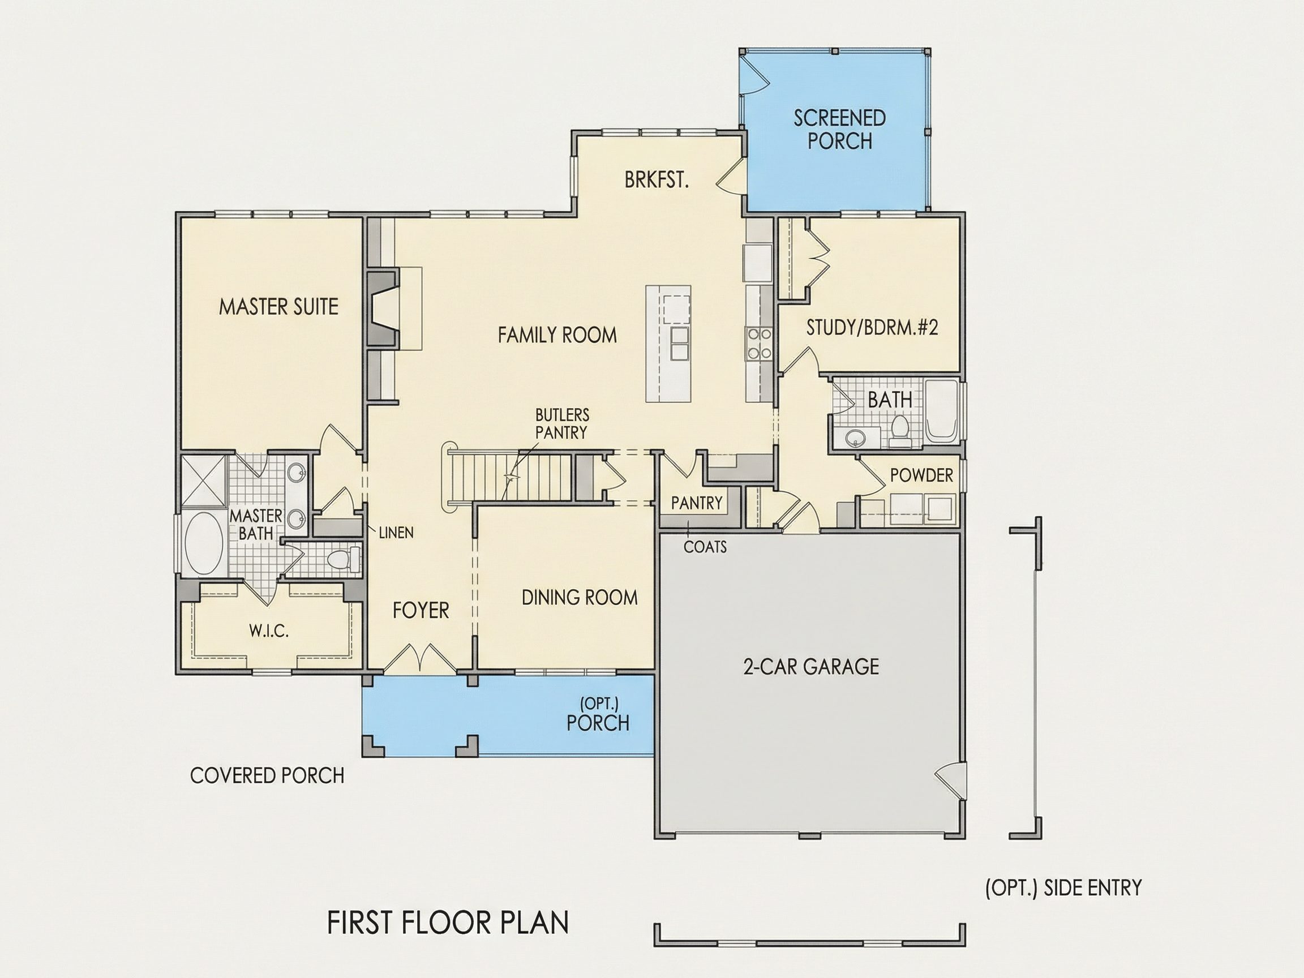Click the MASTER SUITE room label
279,307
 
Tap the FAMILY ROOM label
557,335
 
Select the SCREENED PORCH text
839,129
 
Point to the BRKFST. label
657,180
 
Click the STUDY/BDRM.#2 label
872,327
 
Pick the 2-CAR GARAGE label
811,666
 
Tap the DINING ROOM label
580,597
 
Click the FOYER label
421,610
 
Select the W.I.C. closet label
269,632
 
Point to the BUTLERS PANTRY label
562,423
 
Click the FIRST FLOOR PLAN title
448,923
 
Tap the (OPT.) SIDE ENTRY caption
1063,887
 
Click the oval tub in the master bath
204,543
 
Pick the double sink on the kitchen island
680,343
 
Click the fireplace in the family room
383,308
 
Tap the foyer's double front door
420,658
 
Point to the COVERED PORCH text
267,775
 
